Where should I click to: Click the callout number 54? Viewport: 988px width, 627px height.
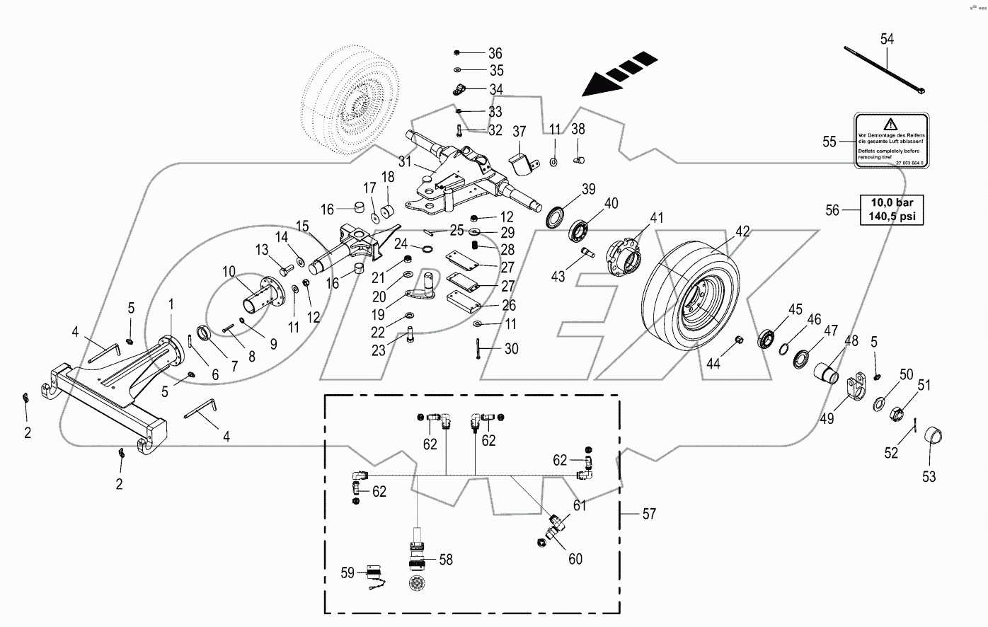tap(886, 39)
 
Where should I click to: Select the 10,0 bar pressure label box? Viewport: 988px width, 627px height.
tap(891, 209)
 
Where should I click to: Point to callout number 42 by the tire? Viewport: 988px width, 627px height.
tap(742, 231)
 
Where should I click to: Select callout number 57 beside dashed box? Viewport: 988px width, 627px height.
tap(648, 514)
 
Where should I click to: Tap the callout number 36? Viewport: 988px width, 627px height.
tap(495, 54)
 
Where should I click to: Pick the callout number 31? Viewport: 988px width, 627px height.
tap(404, 161)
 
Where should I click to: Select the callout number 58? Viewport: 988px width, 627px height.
tap(445, 560)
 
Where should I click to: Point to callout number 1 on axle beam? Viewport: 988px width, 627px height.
tap(171, 304)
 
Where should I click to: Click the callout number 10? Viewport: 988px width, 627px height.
tap(229, 272)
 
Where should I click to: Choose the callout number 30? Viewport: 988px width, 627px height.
tap(511, 349)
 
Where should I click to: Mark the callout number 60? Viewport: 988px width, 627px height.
tap(575, 559)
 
